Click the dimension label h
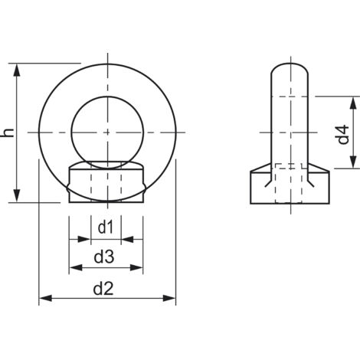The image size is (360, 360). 8,133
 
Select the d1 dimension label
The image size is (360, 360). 106,227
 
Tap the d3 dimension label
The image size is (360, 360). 104,257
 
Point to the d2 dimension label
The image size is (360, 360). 103,289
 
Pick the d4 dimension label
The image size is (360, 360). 342,135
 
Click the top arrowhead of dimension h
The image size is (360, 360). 17,70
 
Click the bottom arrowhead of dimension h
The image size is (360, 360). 17,196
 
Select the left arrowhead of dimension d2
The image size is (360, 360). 46,298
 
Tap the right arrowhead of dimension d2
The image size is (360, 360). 169,298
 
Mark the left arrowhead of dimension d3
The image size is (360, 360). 76,267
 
